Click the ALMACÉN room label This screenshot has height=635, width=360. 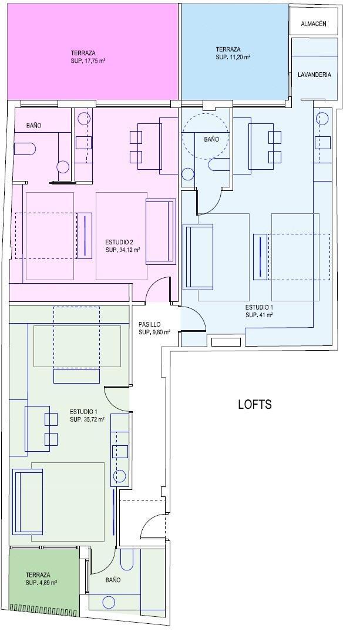[x=314, y=24]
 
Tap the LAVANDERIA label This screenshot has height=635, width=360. [x=314, y=75]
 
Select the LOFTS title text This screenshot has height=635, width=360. [x=255, y=404]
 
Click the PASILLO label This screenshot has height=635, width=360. [x=150, y=324]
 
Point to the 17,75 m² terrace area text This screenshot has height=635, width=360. [x=88, y=61]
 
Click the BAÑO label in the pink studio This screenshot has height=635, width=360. [x=33, y=126]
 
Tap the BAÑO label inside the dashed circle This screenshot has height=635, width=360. [x=211, y=139]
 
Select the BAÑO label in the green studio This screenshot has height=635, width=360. [x=113, y=580]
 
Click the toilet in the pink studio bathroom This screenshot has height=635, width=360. [x=25, y=149]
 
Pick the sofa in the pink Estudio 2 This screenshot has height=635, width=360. [x=161, y=231]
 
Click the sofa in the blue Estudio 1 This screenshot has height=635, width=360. [x=198, y=257]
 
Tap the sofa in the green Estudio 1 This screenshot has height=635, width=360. [x=28, y=501]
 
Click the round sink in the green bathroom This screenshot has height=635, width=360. [x=109, y=603]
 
